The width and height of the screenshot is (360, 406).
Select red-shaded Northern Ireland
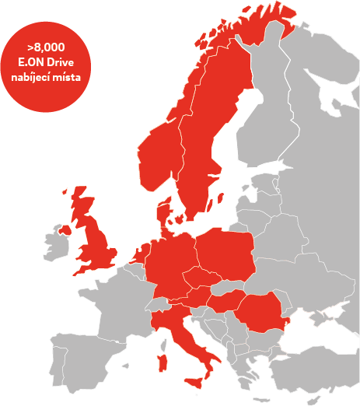(65, 229)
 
